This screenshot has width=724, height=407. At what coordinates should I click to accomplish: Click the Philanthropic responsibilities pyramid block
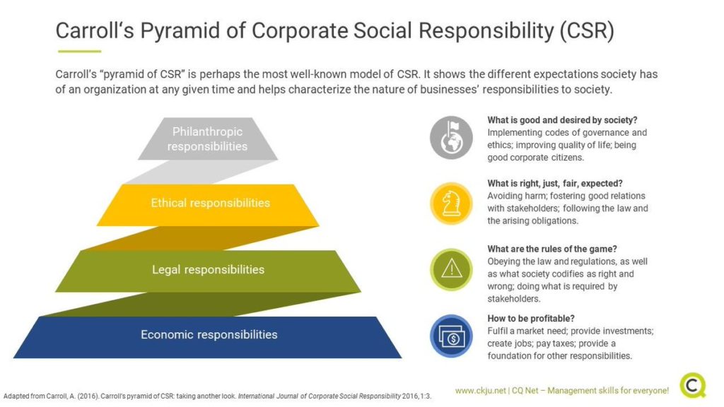pos(207,139)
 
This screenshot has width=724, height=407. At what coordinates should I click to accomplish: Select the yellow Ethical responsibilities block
pos(210,203)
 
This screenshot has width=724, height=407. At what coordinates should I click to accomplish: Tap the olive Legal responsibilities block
pos(208,270)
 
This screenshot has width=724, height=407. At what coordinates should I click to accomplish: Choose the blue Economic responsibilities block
pos(209,335)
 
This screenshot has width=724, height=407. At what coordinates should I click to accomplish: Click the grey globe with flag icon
pos(451,137)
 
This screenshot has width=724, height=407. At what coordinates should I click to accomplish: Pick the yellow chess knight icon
pos(451,203)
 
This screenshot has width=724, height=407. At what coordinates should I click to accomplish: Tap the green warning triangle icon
pos(451,269)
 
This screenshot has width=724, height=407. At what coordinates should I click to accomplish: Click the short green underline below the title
pos(79,51)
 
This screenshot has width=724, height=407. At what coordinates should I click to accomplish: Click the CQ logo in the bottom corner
pos(693,385)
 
